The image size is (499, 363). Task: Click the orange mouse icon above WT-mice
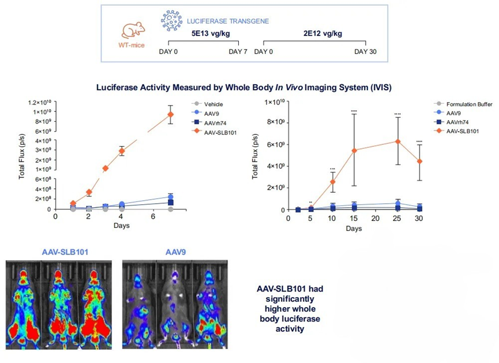[x=133, y=31]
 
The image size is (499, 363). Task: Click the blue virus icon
[x=171, y=20]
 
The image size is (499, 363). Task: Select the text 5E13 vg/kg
[x=211, y=33]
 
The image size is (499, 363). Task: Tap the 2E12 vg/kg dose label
[x=322, y=33]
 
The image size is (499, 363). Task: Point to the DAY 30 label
[x=365, y=51]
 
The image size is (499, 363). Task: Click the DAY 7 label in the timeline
[x=238, y=51]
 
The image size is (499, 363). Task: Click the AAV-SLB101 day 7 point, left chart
[x=171, y=114]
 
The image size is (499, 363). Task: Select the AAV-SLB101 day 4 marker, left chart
[x=121, y=151]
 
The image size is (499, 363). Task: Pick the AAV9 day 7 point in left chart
[x=171, y=197]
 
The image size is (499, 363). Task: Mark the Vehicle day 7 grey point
[x=171, y=209]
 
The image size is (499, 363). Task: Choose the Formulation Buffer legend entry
[x=463, y=104]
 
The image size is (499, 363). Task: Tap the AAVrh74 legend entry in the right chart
[x=451, y=122]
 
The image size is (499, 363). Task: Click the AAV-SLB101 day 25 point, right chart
[x=397, y=141]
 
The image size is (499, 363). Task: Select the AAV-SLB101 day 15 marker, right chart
[x=354, y=150]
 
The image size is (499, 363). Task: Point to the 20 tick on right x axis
[x=376, y=219]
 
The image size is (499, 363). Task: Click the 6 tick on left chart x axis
[x=153, y=217]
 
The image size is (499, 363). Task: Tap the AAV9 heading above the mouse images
[x=176, y=252]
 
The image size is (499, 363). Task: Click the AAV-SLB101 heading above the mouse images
[x=65, y=252]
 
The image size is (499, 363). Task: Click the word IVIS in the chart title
[x=380, y=87]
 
